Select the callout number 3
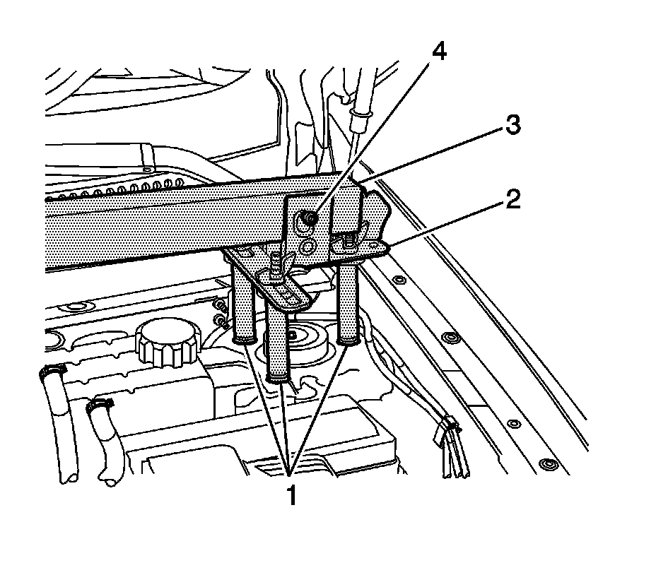[512, 126]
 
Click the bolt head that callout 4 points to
[309, 220]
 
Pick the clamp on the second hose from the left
[99, 405]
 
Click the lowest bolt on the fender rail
[545, 464]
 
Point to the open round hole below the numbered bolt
[307, 247]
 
